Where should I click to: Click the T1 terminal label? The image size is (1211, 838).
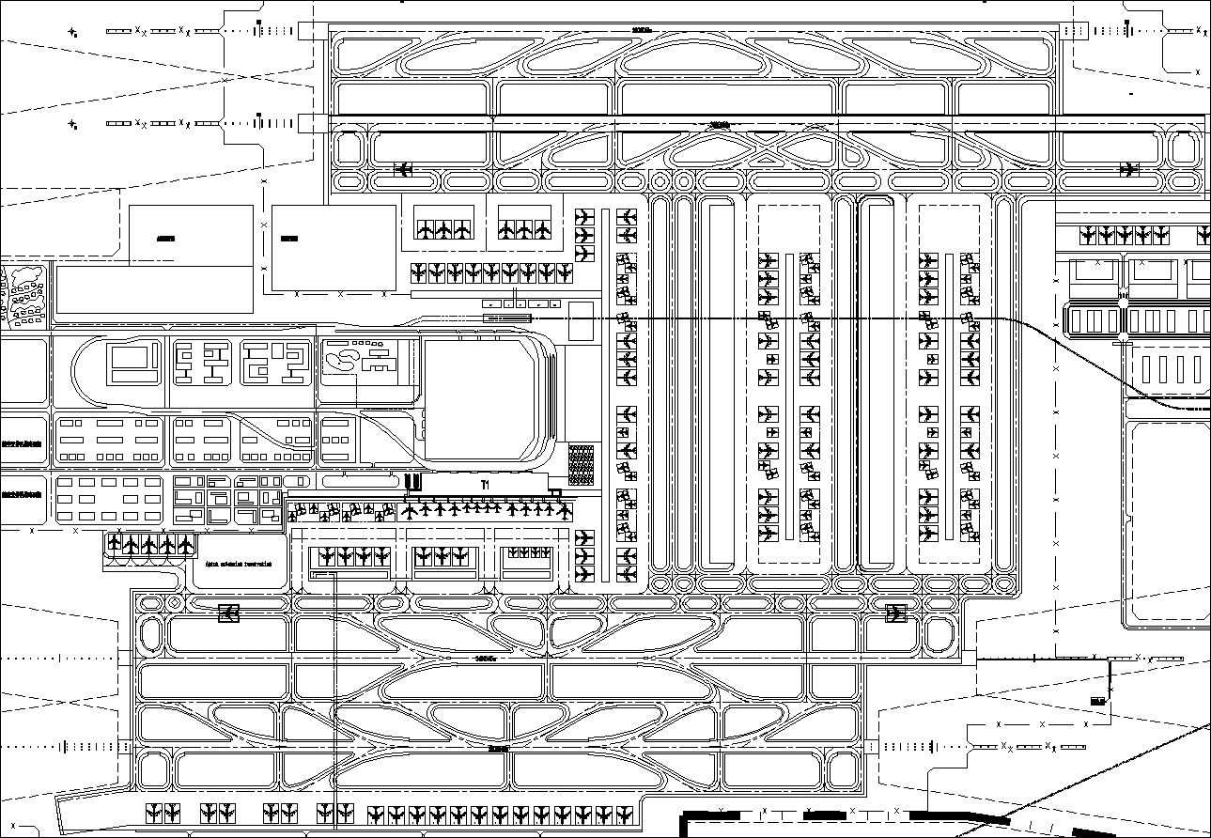(485, 484)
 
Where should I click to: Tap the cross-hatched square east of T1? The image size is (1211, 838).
(582, 464)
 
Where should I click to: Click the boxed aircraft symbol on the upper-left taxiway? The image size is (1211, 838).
(404, 169)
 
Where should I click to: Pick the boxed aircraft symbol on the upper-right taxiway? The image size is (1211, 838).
(1128, 169)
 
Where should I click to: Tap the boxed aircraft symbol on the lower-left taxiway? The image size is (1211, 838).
(228, 613)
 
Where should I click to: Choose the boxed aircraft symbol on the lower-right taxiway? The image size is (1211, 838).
(895, 613)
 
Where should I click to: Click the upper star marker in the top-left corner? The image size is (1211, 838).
(72, 31)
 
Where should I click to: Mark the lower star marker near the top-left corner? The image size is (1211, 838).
(72, 123)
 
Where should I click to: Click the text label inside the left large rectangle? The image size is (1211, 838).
(166, 239)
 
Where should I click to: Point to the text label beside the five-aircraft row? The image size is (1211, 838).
(238, 565)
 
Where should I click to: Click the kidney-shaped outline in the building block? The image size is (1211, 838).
(343, 361)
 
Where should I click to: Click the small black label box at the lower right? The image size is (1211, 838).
(1096, 700)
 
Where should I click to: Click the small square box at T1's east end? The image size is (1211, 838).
(555, 491)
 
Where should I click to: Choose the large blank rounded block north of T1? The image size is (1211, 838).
(484, 401)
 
